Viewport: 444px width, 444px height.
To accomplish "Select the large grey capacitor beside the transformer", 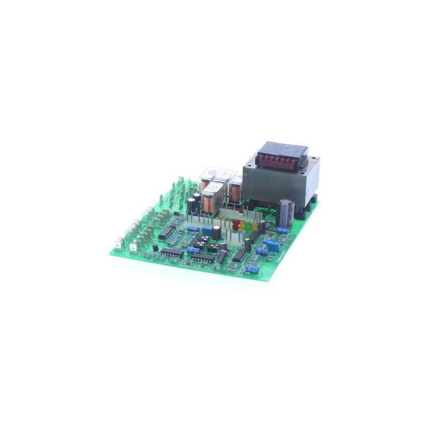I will pyautogui.click(x=286, y=213).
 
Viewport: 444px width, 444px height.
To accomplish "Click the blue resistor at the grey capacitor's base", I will pyautogui.click(x=283, y=230).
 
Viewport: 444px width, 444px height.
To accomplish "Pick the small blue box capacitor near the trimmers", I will pyautogui.click(x=207, y=231).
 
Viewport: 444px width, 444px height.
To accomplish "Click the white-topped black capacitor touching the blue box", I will pyautogui.click(x=217, y=231).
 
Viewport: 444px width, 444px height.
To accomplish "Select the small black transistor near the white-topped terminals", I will pyautogui.click(x=156, y=247).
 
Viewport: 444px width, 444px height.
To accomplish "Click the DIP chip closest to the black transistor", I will pyautogui.click(x=172, y=252).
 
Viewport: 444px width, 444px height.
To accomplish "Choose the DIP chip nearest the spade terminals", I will pyautogui.click(x=166, y=231).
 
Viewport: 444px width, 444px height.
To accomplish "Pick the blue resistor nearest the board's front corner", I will pyautogui.click(x=252, y=269).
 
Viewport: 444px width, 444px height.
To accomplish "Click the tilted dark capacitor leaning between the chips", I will pyautogui.click(x=222, y=256).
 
